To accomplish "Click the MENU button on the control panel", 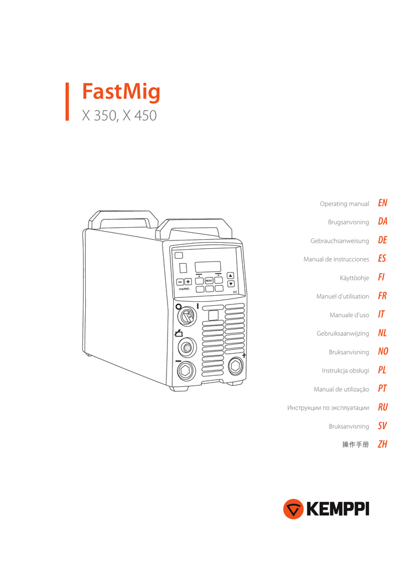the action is pos(209,280).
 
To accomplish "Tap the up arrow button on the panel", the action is pos(230,276).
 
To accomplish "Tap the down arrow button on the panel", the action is pos(231,284).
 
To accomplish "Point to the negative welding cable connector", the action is pos(186,371).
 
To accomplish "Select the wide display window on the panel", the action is pos(208,267).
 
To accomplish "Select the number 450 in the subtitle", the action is pos(145,116).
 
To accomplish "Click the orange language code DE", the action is pos(383,240).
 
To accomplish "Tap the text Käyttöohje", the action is pos(355,278).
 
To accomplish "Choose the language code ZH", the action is pos(383,444).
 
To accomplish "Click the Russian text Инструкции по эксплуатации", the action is pos(328,408).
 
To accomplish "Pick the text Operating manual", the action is pos(344,204).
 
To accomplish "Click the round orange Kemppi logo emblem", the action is pos(293,509).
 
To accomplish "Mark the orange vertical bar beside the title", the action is pos(67,102).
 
